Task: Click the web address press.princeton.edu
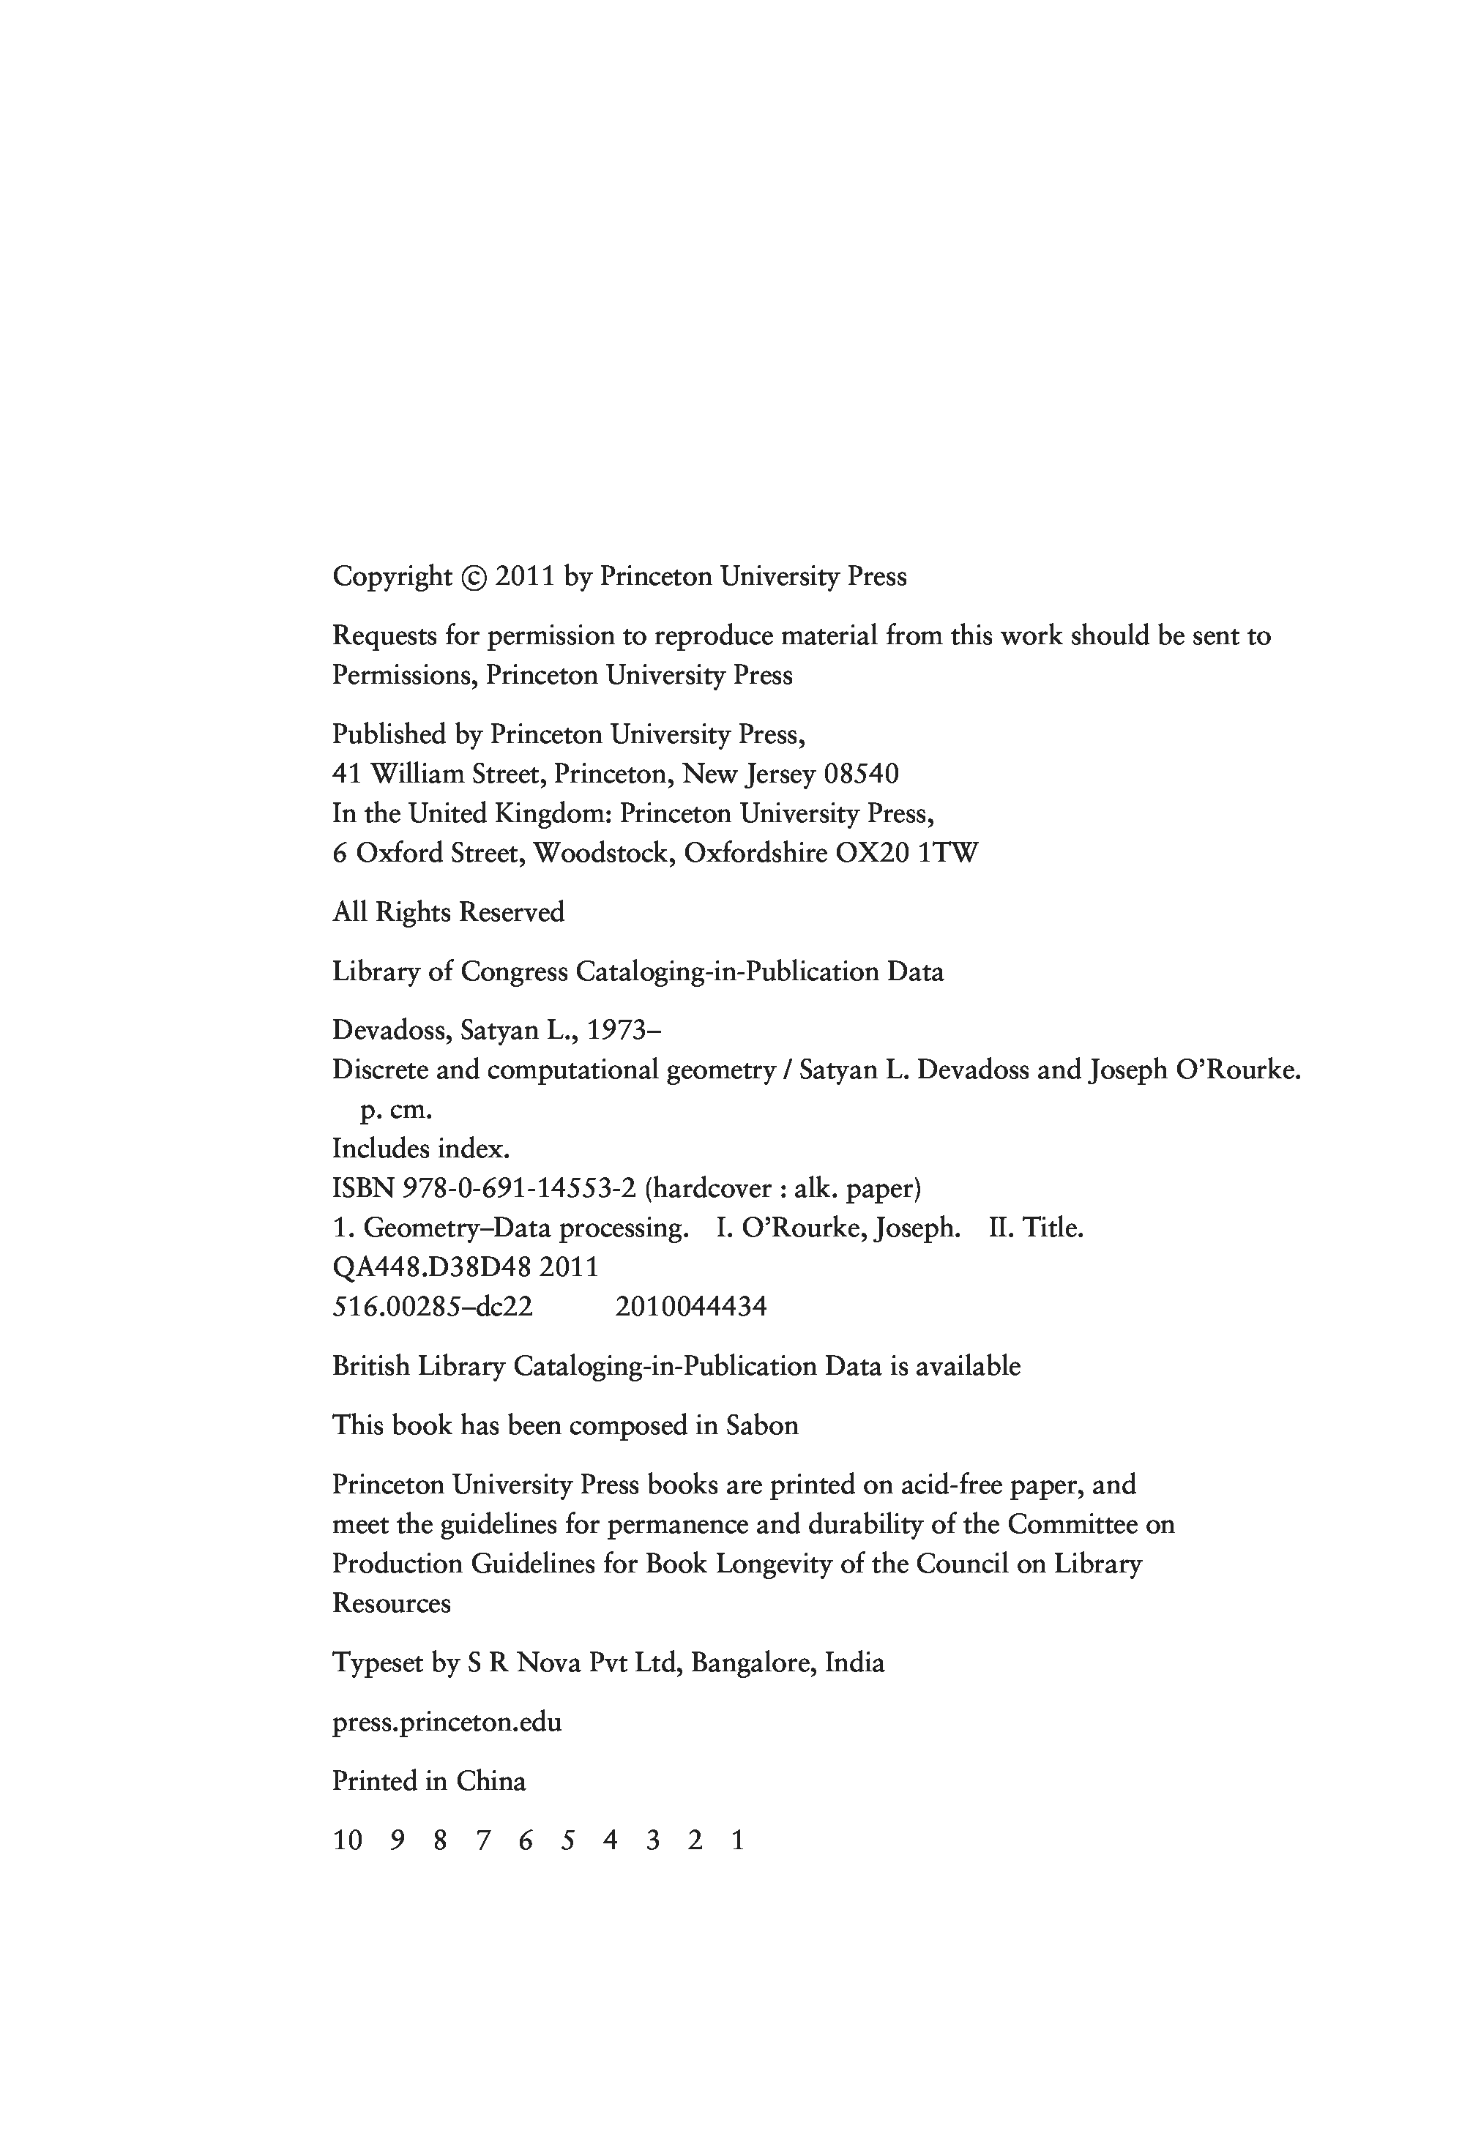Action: coord(447,1723)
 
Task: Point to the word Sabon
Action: coord(761,1425)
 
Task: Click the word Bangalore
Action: coord(752,1663)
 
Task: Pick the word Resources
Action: coord(391,1604)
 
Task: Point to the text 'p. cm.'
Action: coord(395,1110)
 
